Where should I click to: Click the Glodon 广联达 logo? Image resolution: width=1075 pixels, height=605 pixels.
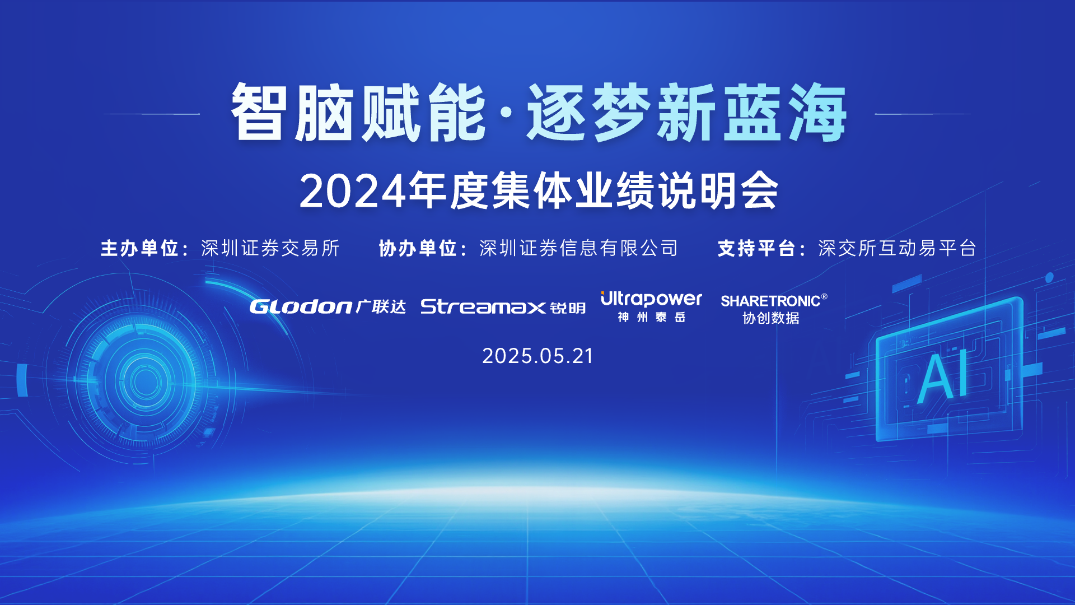coord(328,306)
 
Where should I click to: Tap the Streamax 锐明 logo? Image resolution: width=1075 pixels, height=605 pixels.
coord(503,307)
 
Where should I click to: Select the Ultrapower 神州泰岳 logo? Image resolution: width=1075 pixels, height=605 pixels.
coord(651,307)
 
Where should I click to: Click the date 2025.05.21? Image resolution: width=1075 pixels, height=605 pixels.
coord(537,356)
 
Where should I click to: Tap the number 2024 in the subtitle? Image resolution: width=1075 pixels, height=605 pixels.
coord(353,192)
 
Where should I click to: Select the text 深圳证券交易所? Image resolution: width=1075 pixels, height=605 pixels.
coord(270,248)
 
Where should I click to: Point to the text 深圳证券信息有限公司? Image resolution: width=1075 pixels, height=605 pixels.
coord(579,248)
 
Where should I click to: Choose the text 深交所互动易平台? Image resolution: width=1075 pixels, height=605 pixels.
coord(898,248)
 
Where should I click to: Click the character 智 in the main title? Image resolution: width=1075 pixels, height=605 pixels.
coord(259,112)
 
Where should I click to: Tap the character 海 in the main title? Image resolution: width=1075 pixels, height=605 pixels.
coord(818,112)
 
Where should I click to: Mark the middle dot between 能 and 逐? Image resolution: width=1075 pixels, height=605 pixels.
coord(506,113)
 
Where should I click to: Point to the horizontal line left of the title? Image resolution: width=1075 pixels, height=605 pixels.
coord(152,114)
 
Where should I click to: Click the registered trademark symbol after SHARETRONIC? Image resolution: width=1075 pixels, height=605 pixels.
coord(824,296)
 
